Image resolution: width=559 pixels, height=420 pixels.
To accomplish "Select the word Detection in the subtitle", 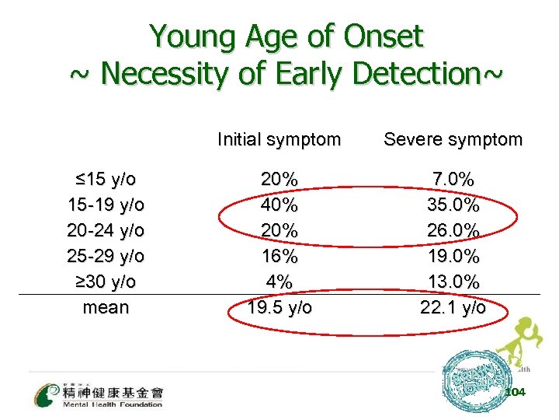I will (420, 74).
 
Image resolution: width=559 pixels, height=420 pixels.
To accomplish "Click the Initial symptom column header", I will (279, 140).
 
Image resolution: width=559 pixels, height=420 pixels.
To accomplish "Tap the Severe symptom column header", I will (453, 140).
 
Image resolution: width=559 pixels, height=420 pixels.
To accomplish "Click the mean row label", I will (106, 306).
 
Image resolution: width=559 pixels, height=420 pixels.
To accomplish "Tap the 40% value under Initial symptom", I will (279, 205).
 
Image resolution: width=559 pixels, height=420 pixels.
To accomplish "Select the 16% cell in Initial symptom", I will (279, 256).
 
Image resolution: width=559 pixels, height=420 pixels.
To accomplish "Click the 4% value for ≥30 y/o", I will (279, 281).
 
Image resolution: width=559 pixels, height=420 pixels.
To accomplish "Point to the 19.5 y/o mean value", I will (279, 306).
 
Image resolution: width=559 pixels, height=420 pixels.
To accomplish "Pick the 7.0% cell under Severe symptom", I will (453, 179).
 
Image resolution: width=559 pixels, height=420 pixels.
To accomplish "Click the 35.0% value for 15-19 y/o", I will (453, 205).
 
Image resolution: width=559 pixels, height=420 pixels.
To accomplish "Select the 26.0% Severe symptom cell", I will (453, 230).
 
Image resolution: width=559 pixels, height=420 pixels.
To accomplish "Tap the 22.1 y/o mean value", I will (453, 306).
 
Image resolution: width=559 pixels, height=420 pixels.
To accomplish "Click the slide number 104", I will (515, 392).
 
